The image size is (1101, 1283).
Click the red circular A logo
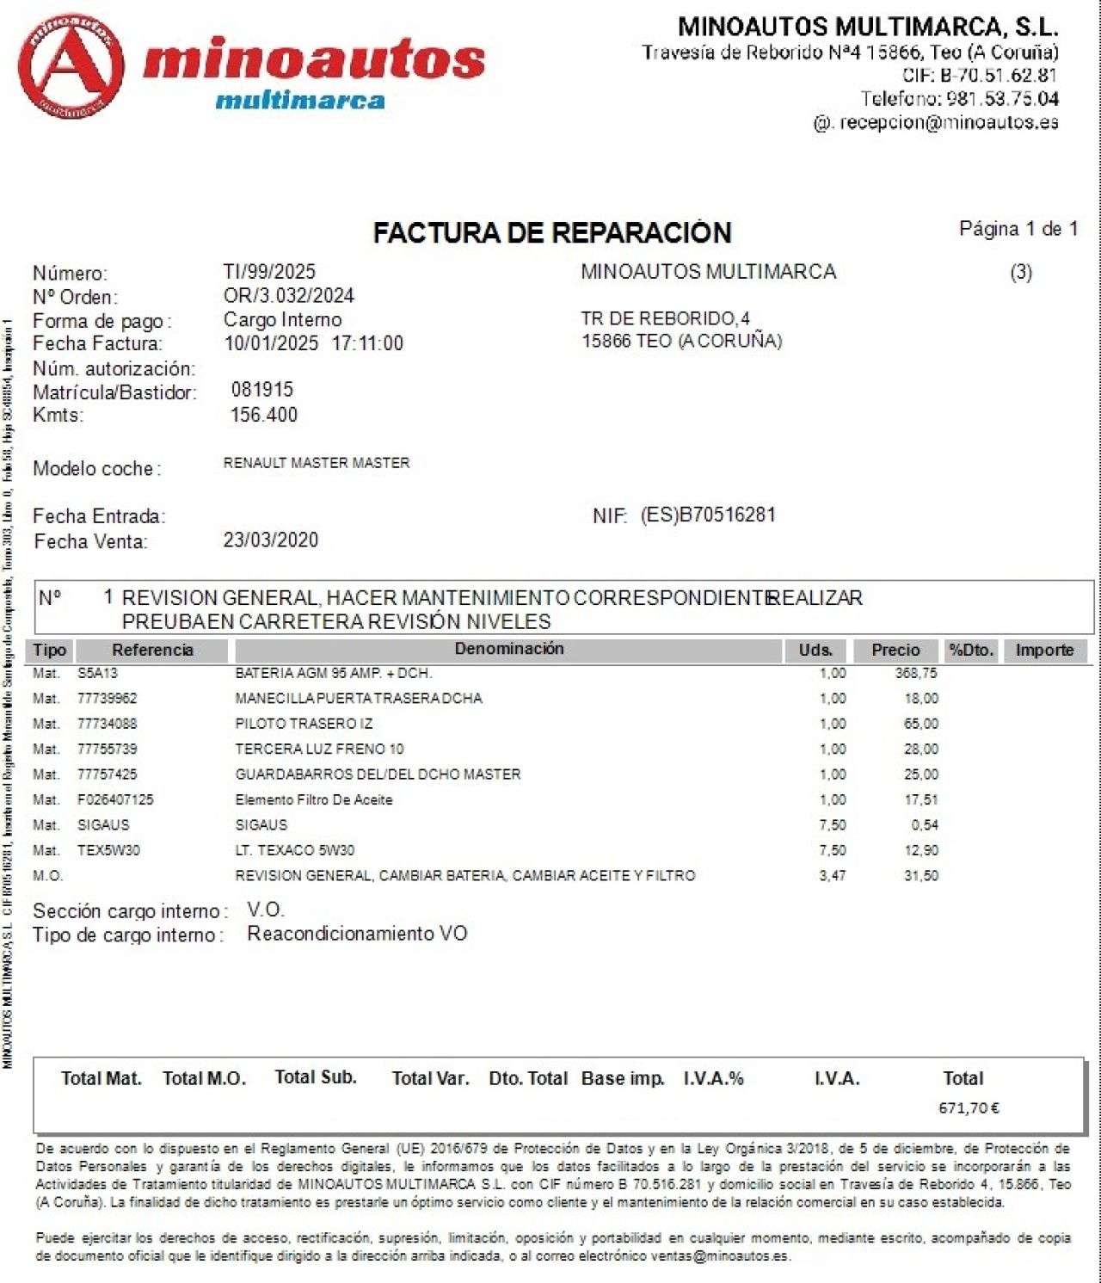pyautogui.click(x=71, y=65)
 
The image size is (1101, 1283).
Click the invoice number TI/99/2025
pyautogui.click(x=269, y=272)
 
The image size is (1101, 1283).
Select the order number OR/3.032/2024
pyautogui.click(x=289, y=296)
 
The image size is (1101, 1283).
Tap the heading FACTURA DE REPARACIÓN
pyautogui.click(x=551, y=232)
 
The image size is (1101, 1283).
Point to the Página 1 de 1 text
pyautogui.click(x=1018, y=229)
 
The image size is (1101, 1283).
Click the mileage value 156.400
pyautogui.click(x=263, y=415)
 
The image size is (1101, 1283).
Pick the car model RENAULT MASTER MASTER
pyautogui.click(x=317, y=463)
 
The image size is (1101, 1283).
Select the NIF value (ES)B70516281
pyautogui.click(x=708, y=515)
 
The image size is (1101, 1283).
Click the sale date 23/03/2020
pyautogui.click(x=271, y=540)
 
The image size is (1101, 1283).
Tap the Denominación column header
pyautogui.click(x=509, y=650)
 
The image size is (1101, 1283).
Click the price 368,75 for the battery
pyautogui.click(x=916, y=673)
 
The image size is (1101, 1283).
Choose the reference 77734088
pyautogui.click(x=107, y=724)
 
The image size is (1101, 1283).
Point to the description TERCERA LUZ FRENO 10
pyautogui.click(x=319, y=749)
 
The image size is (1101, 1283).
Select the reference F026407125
pyautogui.click(x=115, y=799)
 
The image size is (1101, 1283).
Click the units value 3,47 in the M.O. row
pyautogui.click(x=832, y=876)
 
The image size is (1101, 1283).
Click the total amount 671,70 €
pyautogui.click(x=969, y=1108)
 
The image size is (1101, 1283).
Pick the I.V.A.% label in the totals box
pyautogui.click(x=713, y=1079)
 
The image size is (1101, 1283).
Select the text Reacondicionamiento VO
pyautogui.click(x=357, y=934)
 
